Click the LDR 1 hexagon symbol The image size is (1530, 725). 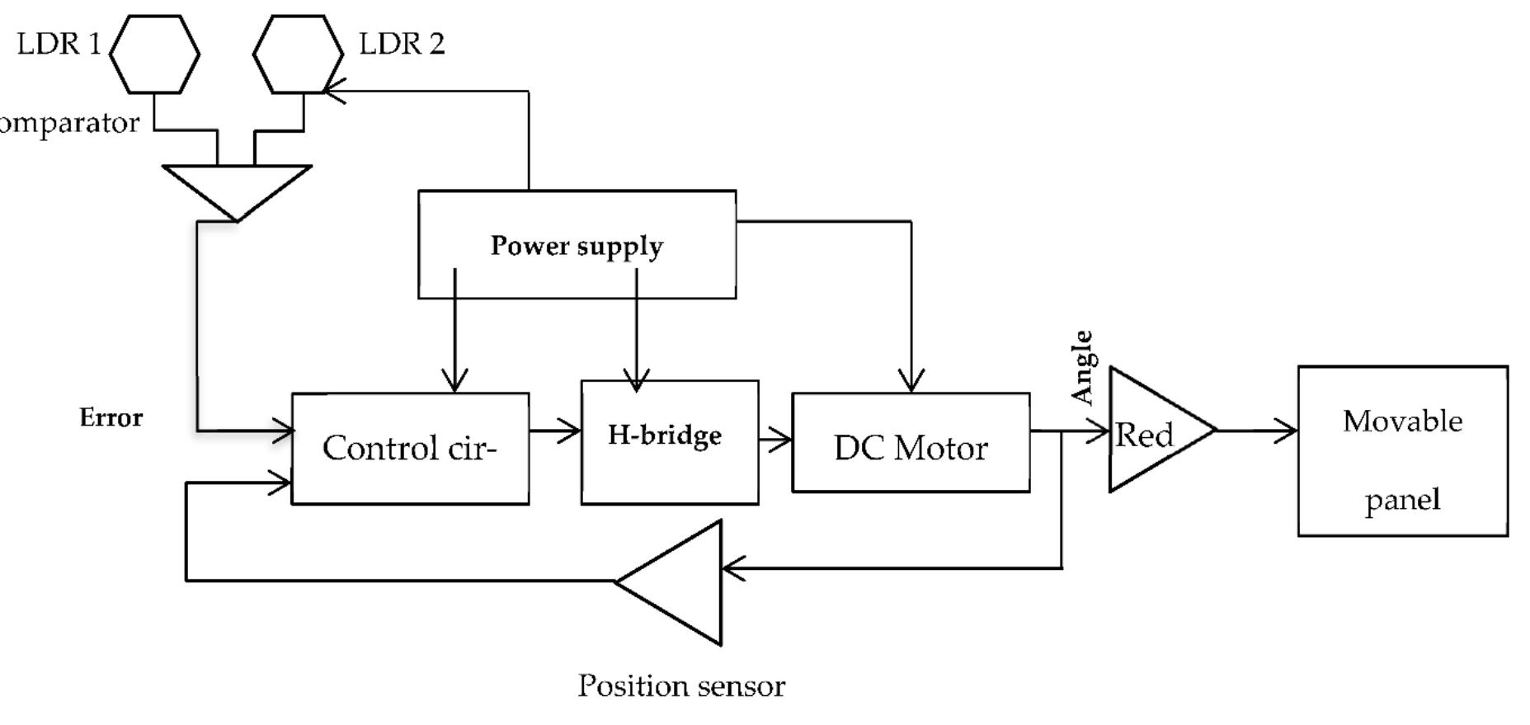tap(154, 54)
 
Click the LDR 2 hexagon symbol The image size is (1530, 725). tap(298, 54)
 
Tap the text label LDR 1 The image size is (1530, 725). tap(59, 44)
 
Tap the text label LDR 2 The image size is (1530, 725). tap(402, 44)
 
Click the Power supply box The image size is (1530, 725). tap(577, 245)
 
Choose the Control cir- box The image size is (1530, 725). tap(410, 448)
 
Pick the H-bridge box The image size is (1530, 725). tap(669, 441)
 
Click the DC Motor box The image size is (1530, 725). tap(911, 443)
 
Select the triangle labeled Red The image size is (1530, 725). tap(1151, 431)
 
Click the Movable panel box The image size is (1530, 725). tap(1402, 451)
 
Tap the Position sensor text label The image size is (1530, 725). tap(681, 685)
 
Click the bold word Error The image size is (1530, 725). tap(111, 417)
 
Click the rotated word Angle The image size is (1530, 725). tap(1082, 368)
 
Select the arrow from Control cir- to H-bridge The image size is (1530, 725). tap(555, 430)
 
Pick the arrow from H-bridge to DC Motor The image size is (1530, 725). tap(775, 440)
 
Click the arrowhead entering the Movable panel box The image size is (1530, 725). tap(1287, 430)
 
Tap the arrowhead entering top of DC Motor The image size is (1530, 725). tap(911, 381)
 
